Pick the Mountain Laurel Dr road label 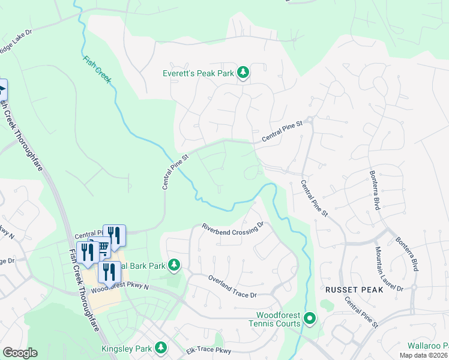tap(389, 268)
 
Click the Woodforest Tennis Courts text tap(278, 319)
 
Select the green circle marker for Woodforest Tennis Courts tap(310, 318)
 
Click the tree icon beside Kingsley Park tap(160, 347)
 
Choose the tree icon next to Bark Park tap(174, 265)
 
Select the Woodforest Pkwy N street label tap(124, 287)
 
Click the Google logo tap(20, 353)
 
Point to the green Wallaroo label tap(428, 346)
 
